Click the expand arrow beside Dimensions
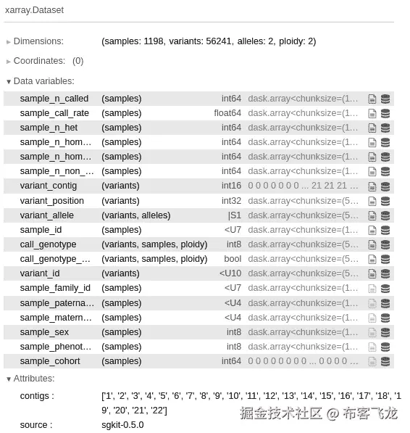click(x=9, y=41)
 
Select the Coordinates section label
click(x=39, y=61)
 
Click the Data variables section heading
click(x=43, y=81)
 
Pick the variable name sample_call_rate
click(x=54, y=113)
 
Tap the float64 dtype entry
click(x=227, y=113)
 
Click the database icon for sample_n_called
click(x=385, y=99)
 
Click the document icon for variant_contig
click(x=372, y=186)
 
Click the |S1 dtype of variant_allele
click(x=234, y=215)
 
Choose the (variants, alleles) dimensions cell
click(x=136, y=215)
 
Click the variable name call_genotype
click(x=48, y=244)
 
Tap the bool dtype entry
click(x=233, y=259)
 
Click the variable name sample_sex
click(x=44, y=332)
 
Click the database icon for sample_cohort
click(x=385, y=361)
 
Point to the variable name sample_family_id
click(x=55, y=288)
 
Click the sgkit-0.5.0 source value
click(x=122, y=425)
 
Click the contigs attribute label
click(x=36, y=396)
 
